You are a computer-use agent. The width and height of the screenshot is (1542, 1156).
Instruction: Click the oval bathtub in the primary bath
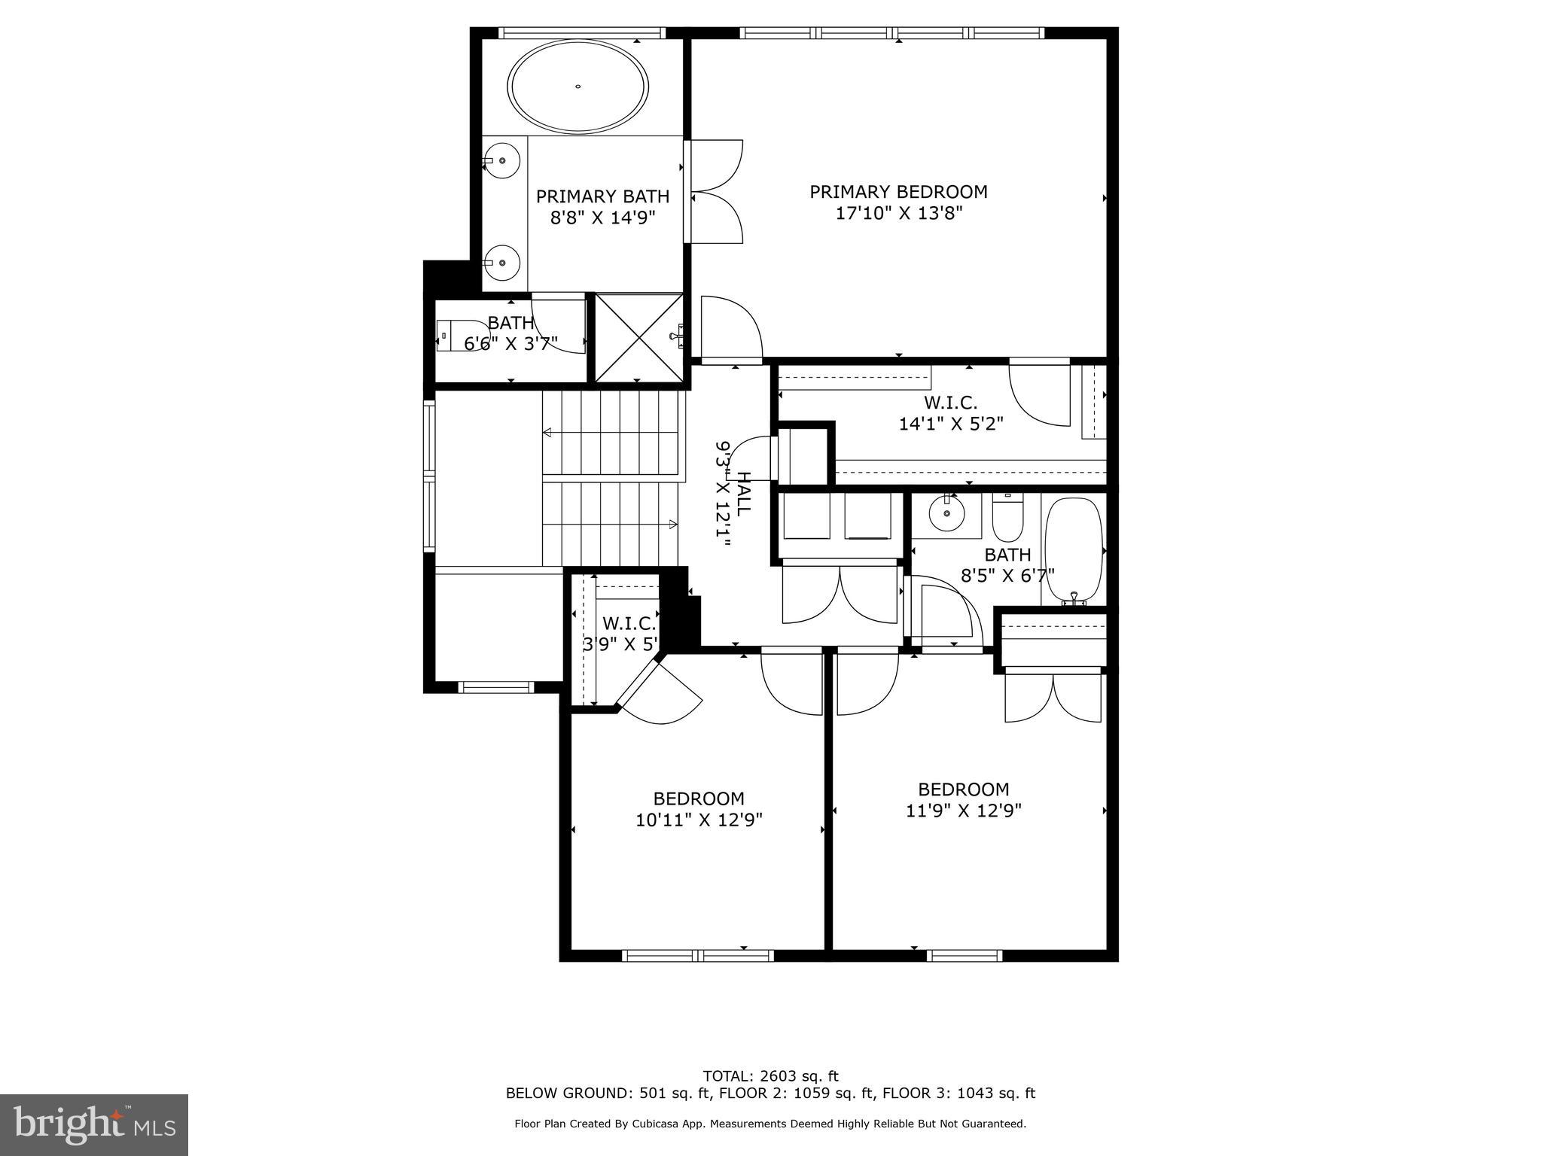tap(577, 87)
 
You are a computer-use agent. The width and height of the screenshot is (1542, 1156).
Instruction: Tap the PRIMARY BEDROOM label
tap(898, 192)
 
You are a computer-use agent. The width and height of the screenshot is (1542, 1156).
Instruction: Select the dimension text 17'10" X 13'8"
tap(899, 214)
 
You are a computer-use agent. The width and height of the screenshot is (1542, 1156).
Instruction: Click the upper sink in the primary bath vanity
tap(502, 160)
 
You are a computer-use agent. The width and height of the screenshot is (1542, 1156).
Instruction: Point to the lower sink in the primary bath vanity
tap(502, 263)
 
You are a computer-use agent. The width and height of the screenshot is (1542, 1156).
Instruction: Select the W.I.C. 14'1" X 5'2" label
tap(951, 413)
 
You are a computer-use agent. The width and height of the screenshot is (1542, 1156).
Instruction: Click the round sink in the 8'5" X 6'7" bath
tap(946, 516)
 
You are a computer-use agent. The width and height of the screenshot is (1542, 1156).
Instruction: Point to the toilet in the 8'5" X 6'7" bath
tap(1007, 516)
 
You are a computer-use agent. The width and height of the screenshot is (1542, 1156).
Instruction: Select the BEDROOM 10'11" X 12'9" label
tap(699, 808)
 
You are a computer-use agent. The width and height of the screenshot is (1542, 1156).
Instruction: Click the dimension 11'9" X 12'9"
tap(963, 811)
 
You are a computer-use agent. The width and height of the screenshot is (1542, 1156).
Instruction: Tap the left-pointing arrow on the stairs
tap(547, 433)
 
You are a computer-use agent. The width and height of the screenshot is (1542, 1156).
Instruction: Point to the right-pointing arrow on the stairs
tap(672, 523)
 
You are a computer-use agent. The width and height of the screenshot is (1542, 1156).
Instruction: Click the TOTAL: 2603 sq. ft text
tap(770, 1076)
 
